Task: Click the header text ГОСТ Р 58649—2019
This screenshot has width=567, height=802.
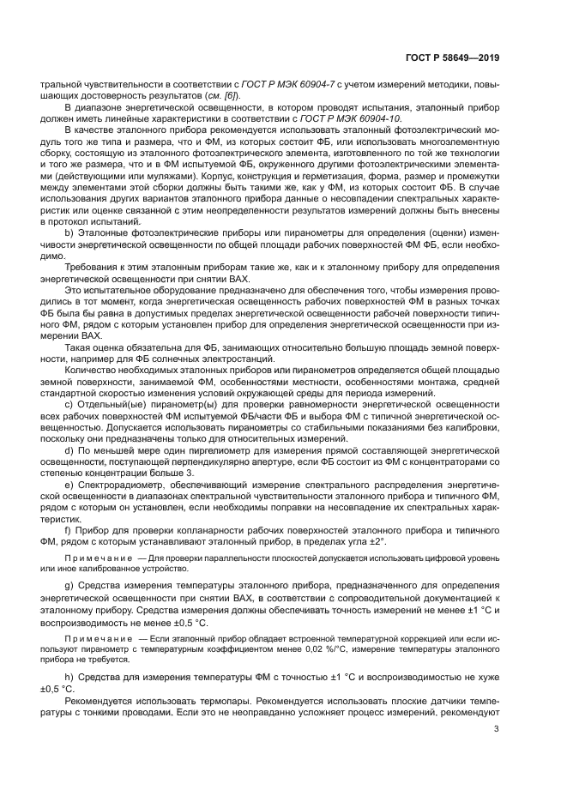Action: coord(452,58)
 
